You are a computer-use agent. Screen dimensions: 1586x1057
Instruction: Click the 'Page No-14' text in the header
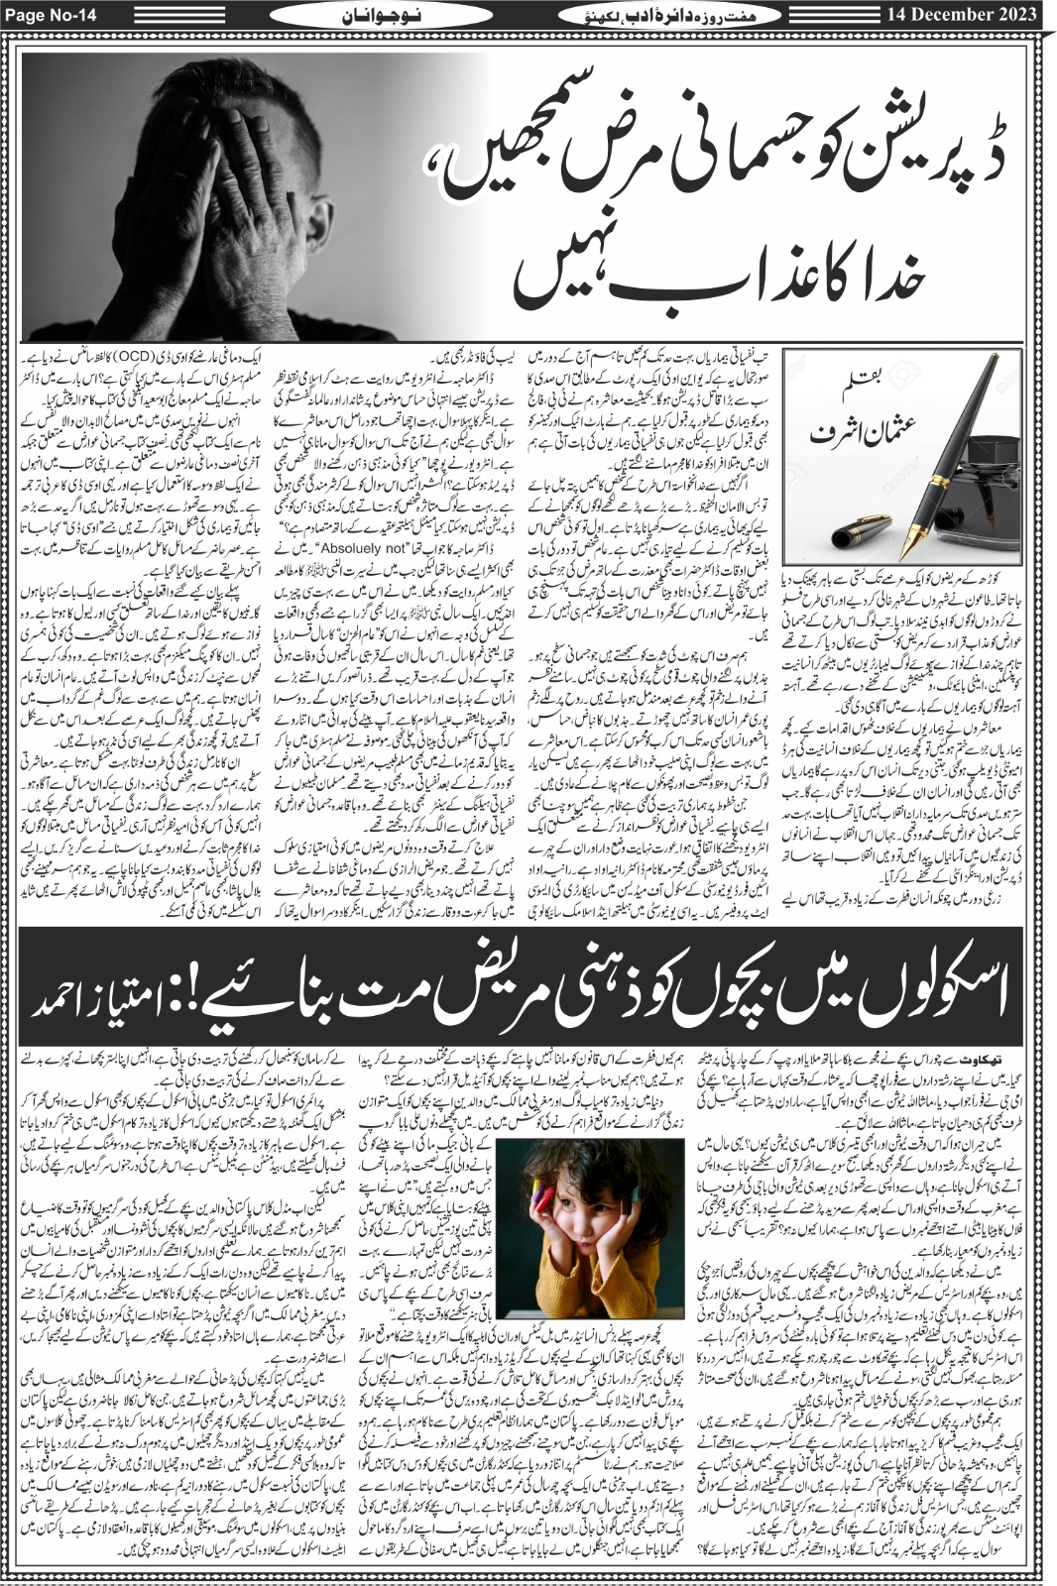pyautogui.click(x=47, y=13)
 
